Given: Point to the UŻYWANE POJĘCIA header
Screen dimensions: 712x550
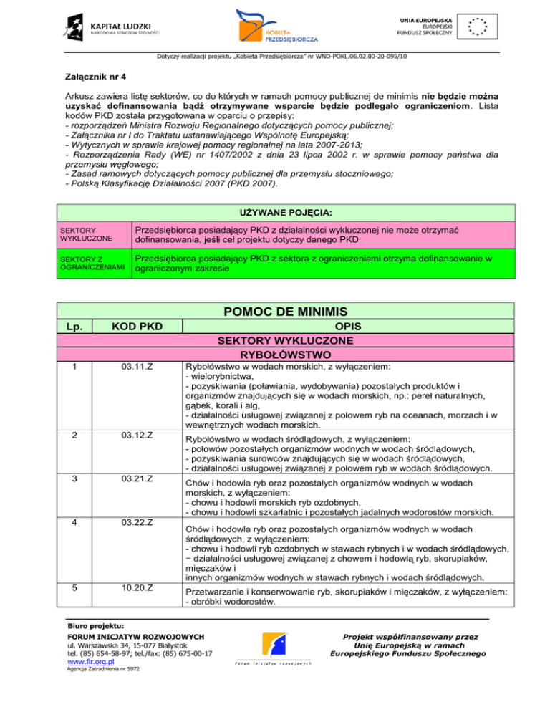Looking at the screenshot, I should (x=275, y=212).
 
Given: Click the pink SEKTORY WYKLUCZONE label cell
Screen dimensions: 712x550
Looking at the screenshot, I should (x=87, y=234).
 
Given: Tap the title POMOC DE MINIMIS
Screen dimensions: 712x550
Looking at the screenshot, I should (x=275, y=313).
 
